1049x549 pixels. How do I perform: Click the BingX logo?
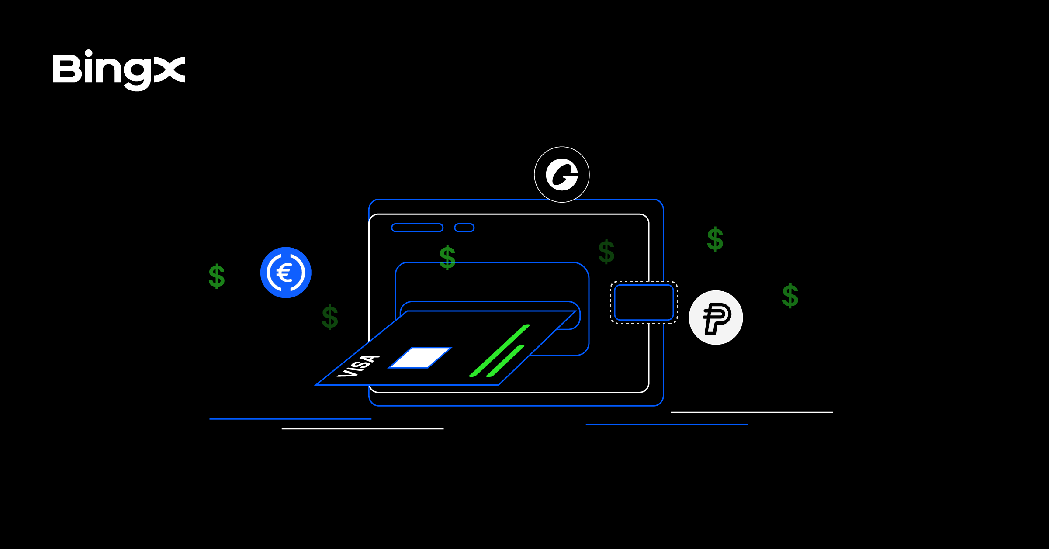[x=119, y=70]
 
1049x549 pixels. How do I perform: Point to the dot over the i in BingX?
[x=88, y=53]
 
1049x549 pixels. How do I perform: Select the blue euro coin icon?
[x=286, y=273]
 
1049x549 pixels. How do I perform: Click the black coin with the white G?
[x=562, y=175]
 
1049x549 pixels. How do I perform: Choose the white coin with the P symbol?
[x=716, y=318]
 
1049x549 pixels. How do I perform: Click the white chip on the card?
[x=420, y=358]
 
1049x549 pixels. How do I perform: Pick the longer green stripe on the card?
[x=500, y=350]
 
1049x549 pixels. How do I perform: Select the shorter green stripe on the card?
[x=505, y=361]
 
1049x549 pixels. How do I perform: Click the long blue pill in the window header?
[x=417, y=228]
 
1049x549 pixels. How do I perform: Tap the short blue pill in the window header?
[x=464, y=228]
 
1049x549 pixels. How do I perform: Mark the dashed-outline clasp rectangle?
[x=644, y=303]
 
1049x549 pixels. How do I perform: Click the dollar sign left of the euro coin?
[x=217, y=276]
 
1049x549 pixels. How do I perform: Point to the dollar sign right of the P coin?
[x=790, y=296]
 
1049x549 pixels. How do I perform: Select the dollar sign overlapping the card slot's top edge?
[x=447, y=258]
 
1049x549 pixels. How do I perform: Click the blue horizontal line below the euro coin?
[x=290, y=419]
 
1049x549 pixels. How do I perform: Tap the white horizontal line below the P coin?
[x=751, y=412]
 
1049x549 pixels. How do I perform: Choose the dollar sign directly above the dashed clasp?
[x=606, y=252]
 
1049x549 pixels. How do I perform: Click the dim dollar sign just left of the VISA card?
[x=330, y=317]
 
